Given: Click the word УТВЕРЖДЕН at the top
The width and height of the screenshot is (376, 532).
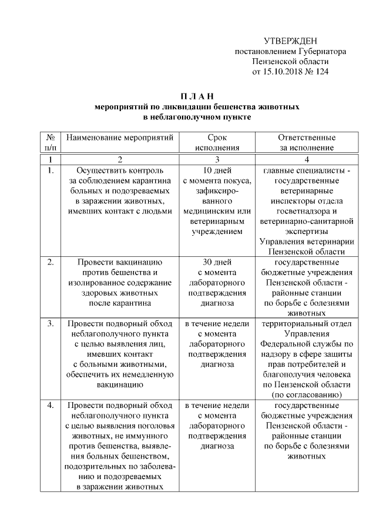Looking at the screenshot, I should point(290,41).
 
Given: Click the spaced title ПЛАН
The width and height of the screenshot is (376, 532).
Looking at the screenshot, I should point(197,96).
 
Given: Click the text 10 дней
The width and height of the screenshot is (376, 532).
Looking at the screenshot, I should point(217,170).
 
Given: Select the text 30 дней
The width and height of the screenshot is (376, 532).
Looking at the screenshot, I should point(217,262).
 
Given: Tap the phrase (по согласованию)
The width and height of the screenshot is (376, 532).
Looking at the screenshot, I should point(307,394).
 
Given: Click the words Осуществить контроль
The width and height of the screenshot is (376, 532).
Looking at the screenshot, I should point(120,170).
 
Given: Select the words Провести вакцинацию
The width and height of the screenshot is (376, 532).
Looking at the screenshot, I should point(120,262).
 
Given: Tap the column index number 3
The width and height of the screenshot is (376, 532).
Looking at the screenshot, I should point(217,159).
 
